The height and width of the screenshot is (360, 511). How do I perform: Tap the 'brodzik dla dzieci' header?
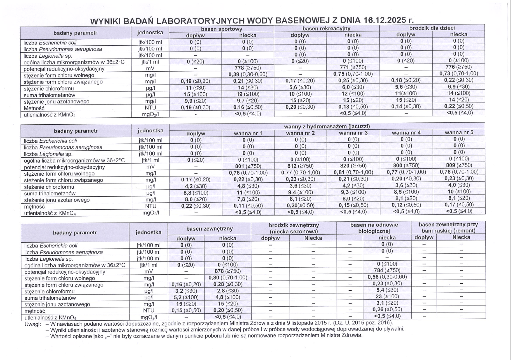pos(432,28)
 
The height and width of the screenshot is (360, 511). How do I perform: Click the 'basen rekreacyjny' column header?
pos(326,29)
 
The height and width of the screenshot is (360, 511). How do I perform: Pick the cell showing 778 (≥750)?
pos(248,68)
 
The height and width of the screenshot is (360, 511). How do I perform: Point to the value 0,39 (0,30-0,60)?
pos(248,75)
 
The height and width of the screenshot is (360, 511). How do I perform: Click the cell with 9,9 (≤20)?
pos(195,101)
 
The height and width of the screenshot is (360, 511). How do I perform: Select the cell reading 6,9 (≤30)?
pos(458,87)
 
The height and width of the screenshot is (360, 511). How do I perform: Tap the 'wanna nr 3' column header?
pos(353,133)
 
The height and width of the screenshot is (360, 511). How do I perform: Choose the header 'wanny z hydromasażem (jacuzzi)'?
pos(327,126)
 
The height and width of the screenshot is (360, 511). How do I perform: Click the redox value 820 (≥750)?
pos(353,166)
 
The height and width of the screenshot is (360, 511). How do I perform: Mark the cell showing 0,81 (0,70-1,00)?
pos(353,172)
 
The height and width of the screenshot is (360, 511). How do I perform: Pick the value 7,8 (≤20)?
pos(248,199)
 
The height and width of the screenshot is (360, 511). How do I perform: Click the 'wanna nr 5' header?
pos(459,132)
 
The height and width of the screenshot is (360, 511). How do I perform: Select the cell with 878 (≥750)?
pos(228,271)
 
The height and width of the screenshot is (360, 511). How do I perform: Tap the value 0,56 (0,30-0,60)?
pos(387,277)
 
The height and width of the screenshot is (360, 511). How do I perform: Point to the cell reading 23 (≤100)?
pos(387,297)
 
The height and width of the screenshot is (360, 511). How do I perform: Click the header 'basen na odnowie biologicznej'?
pos(374,228)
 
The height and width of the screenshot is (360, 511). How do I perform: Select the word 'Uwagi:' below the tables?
pos(33,324)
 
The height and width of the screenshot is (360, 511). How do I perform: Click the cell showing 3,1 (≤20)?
pos(387,303)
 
